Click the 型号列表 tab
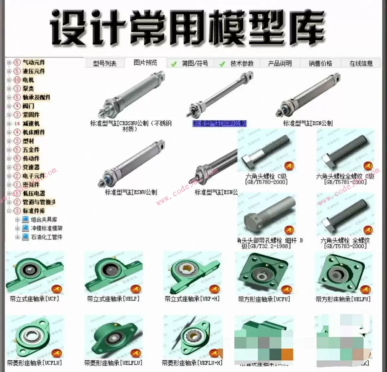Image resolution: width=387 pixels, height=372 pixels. pyautogui.click(x=104, y=63)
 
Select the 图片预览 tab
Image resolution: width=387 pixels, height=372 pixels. pyautogui.click(x=145, y=62)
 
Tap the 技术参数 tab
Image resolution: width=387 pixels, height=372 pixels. pyautogui.click(x=242, y=63)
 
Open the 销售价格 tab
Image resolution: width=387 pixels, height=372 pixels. pyautogui.click(x=320, y=63)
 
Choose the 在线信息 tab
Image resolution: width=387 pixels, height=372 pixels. pyautogui.click(x=361, y=63)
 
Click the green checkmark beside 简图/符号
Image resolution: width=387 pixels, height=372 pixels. pyautogui.click(x=174, y=64)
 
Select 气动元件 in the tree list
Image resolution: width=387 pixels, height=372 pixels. pyautogui.click(x=34, y=62)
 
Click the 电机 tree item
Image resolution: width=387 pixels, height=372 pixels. pyautogui.click(x=28, y=80)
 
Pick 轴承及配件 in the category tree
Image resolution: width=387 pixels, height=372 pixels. pyautogui.click(x=36, y=97)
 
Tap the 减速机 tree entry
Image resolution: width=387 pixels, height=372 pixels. pyautogui.click(x=31, y=123)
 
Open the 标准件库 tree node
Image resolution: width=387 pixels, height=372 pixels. pyautogui.click(x=34, y=211)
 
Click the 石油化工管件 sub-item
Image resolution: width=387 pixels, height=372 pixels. pyautogui.click(x=47, y=237)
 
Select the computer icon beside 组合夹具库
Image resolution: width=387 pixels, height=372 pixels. pyautogui.click(x=25, y=219)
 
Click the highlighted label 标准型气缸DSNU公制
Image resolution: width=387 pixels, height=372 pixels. pyautogui.click(x=219, y=123)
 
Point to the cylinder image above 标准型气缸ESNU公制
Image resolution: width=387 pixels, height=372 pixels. pyautogui.click(x=131, y=163)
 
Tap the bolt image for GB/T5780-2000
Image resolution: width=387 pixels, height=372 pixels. pyautogui.click(x=266, y=151)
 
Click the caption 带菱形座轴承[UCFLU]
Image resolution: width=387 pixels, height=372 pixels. pyautogui.click(x=35, y=363)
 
